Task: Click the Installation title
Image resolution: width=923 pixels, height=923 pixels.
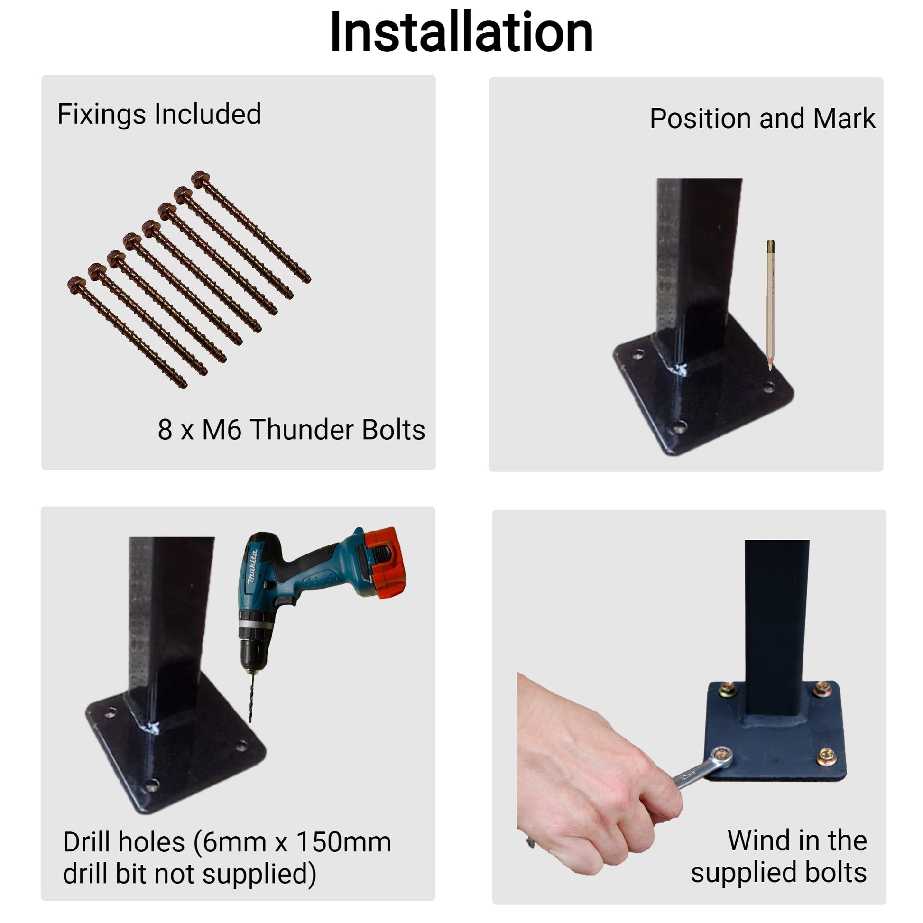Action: click(x=461, y=32)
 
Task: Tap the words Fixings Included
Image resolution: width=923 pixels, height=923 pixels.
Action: click(x=159, y=114)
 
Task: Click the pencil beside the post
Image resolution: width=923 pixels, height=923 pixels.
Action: click(x=770, y=305)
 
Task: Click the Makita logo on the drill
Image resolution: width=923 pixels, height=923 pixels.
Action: click(x=252, y=566)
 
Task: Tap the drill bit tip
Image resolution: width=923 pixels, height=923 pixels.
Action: click(x=250, y=721)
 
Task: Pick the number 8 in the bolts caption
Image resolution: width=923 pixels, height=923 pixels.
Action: click(x=165, y=430)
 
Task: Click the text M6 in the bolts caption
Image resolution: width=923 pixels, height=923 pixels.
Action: click(x=222, y=430)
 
